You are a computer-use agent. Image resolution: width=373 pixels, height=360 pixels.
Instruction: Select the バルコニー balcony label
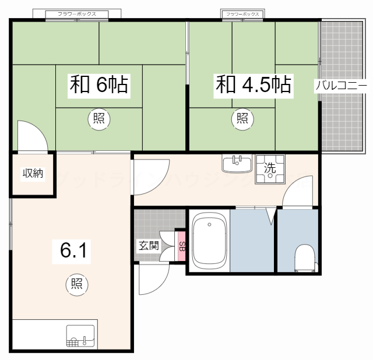342,86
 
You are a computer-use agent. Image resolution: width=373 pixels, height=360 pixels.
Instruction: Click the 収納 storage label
33,174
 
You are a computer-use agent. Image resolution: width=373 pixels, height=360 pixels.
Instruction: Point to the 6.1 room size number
73,250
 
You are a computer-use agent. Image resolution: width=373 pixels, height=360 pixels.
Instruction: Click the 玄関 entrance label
148,245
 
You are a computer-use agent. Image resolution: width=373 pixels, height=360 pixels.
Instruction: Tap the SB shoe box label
182,246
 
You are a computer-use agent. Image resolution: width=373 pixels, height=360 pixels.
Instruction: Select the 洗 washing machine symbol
270,168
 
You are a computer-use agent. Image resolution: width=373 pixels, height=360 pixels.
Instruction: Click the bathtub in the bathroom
209,241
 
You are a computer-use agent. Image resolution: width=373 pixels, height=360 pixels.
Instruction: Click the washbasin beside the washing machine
237,164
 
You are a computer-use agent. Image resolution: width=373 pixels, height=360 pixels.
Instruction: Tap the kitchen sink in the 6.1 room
80,336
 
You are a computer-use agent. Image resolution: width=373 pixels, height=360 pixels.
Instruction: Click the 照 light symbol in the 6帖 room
97,118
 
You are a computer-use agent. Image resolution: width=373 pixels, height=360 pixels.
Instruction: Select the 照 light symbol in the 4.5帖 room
242,118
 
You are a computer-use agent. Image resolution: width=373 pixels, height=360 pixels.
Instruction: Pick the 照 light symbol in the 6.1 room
76,284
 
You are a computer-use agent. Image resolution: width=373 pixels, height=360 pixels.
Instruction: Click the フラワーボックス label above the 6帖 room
78,13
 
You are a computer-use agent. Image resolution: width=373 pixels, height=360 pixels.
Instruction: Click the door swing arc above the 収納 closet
33,136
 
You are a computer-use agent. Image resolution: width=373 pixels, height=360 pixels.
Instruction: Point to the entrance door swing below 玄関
153,278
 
